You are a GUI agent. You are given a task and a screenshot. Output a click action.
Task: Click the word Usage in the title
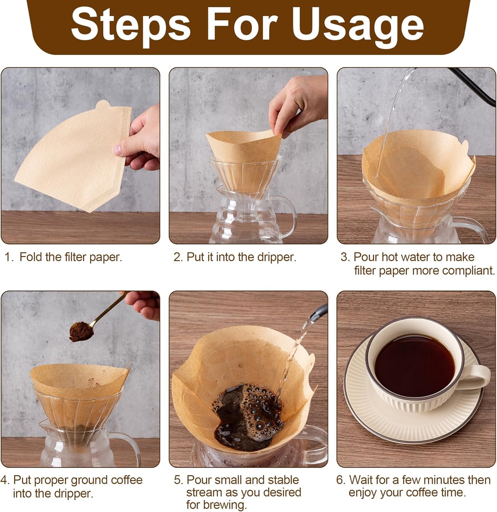click(x=358, y=25)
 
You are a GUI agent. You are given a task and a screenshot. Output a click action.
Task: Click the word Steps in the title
click(x=131, y=25)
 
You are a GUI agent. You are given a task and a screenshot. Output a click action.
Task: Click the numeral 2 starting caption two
click(x=177, y=257)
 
